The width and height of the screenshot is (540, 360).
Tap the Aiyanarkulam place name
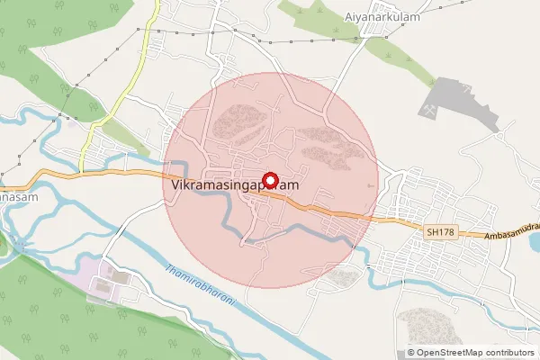[x=383, y=17]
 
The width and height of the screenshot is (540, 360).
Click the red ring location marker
[x=267, y=179]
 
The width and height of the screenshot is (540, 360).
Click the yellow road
[x=126, y=90]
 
